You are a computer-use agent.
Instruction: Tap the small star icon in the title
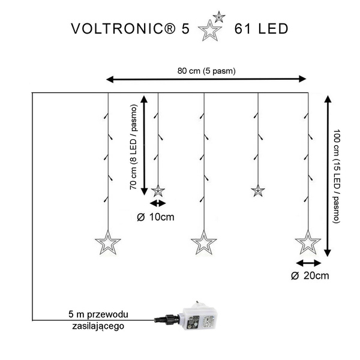coord(220,17)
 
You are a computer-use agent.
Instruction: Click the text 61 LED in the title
coord(262,29)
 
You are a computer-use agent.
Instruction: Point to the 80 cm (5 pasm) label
coord(206,71)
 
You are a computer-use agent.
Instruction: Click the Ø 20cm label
coord(310,276)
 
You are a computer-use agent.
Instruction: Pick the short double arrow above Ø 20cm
coord(308,263)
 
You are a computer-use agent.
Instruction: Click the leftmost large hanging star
coord(108,243)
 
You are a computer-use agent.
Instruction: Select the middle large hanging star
coord(203,243)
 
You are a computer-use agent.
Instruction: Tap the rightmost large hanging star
coord(308,243)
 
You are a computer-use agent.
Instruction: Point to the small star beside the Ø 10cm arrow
coord(158,191)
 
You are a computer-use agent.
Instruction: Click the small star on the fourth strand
coord(257,191)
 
